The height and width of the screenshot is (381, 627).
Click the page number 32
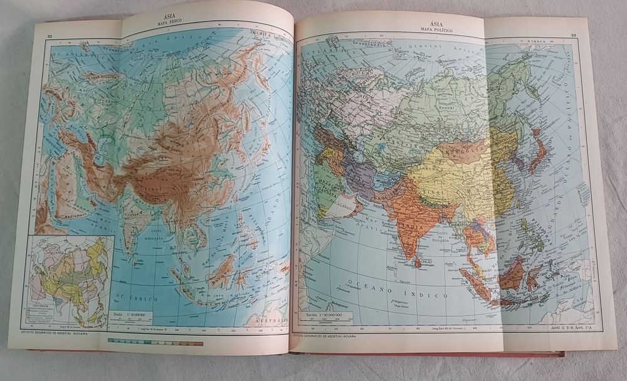pyautogui.click(x=50, y=36)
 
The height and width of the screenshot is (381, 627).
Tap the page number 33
pyautogui.click(x=573, y=35)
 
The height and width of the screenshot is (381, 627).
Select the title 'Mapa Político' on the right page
pyautogui.click(x=434, y=30)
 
